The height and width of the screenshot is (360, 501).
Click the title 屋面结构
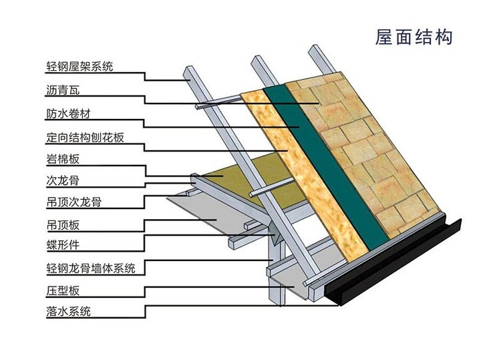(414, 36)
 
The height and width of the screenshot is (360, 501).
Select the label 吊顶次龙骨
(73, 201)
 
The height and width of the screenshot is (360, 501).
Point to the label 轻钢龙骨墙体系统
(91, 268)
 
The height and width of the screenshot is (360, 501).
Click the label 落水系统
(68, 311)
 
